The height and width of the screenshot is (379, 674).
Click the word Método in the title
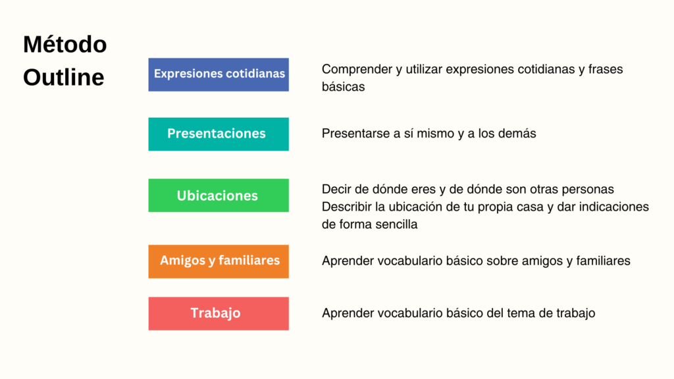(x=65, y=45)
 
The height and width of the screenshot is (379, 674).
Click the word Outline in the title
(x=63, y=78)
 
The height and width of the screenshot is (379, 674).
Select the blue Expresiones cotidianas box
(x=219, y=74)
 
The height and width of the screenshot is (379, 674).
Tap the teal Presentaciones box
(x=219, y=134)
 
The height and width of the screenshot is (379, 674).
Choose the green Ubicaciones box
(x=219, y=195)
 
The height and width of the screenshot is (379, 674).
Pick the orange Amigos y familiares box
(x=219, y=261)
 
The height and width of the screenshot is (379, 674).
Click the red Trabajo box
(x=219, y=313)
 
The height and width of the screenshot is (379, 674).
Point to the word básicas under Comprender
(x=343, y=86)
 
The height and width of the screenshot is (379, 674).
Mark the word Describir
(x=347, y=207)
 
